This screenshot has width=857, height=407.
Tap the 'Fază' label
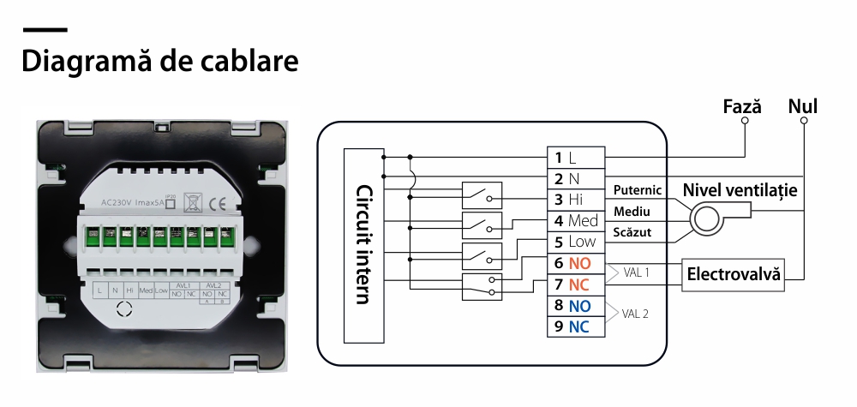742,106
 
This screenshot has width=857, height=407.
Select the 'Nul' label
802,106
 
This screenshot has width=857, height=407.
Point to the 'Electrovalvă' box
734,275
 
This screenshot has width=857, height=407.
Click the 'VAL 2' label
635,314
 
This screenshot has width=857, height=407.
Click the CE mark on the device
218,204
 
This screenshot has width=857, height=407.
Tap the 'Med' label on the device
146,291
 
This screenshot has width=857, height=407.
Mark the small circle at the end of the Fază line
745,121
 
